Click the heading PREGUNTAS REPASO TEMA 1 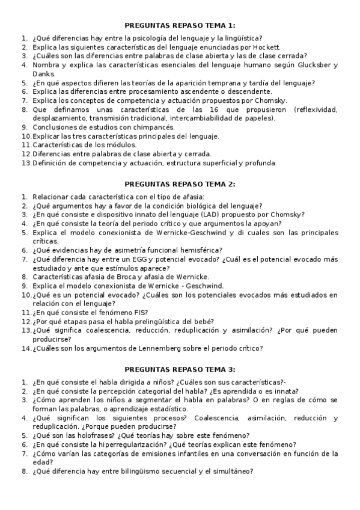pyautogui.click(x=180, y=25)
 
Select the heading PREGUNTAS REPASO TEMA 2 pyautogui.click(x=180, y=183)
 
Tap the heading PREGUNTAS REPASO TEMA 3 pyautogui.click(x=180, y=369)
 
